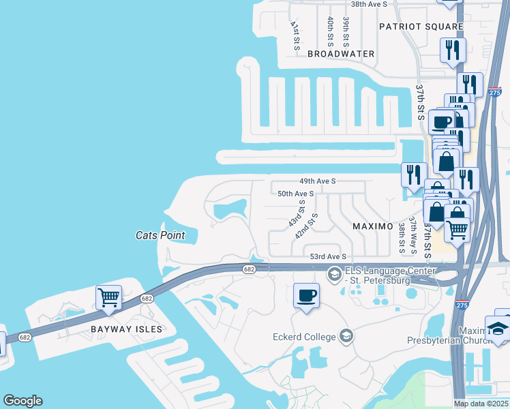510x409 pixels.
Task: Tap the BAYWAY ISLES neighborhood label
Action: click(x=127, y=329)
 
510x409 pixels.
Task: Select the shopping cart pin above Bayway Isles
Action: click(x=108, y=299)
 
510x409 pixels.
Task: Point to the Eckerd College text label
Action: click(x=303, y=337)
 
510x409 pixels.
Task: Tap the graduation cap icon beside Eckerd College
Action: click(x=346, y=336)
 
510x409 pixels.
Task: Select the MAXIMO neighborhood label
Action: click(x=372, y=226)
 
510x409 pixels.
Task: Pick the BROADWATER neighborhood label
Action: click(x=341, y=53)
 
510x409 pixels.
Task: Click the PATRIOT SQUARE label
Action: click(x=421, y=27)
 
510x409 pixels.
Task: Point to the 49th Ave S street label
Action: click(x=318, y=181)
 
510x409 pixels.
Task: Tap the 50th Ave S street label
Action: click(x=295, y=194)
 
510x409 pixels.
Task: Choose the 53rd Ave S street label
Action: click(x=329, y=256)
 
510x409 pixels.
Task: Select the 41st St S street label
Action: click(x=295, y=35)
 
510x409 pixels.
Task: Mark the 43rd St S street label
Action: click(x=295, y=214)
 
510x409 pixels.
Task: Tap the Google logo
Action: click(x=22, y=401)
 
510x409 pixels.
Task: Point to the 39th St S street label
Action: click(x=346, y=31)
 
